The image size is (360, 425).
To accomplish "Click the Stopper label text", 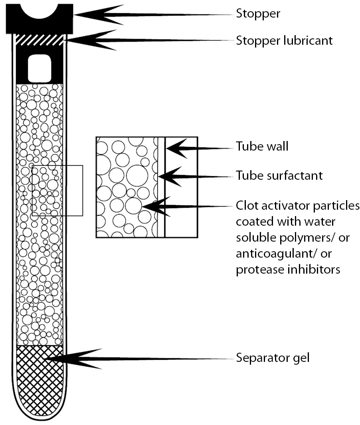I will point(258,14).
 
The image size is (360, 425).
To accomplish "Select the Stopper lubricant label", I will point(284,40).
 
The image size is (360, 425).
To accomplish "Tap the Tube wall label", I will point(262,147).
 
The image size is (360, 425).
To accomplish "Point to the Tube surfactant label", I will point(279,175).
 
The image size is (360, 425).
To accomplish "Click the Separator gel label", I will point(273,357).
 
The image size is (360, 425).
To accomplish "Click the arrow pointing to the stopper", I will point(120,15).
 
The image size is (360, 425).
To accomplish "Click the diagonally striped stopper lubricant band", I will point(39,40).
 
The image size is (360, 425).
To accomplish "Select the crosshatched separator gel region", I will point(39,379).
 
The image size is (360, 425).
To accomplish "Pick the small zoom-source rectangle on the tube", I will point(57,191).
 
